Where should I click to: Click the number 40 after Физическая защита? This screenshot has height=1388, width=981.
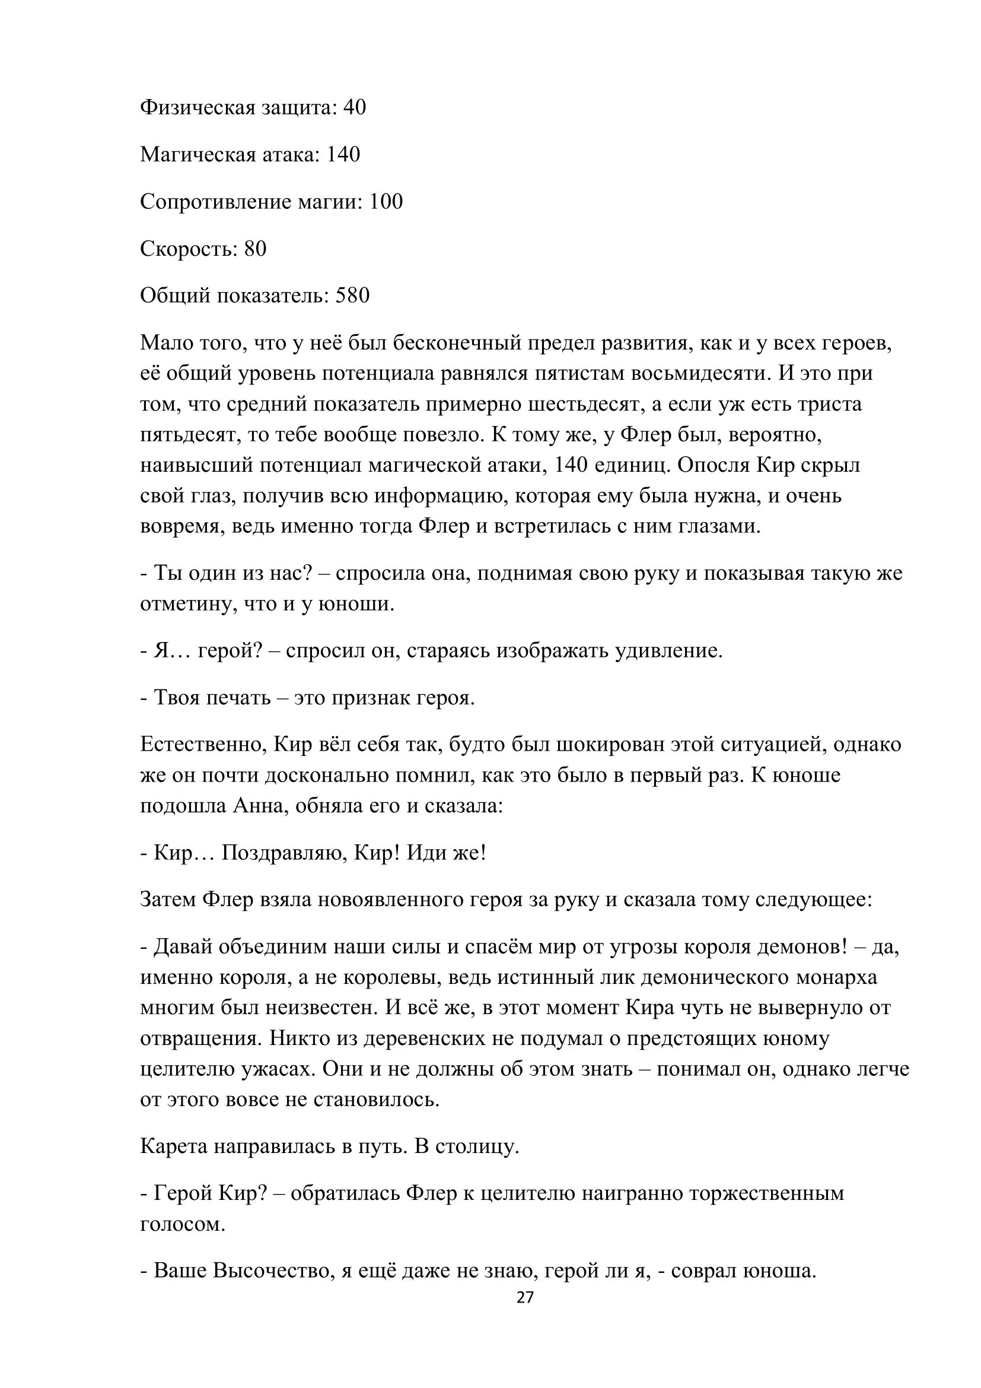coord(355,107)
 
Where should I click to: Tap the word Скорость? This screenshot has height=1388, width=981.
coord(189,249)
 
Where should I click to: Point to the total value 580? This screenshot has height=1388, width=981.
coord(352,296)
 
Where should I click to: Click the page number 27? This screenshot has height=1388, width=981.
coord(525,1297)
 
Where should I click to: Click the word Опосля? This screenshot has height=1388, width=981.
coord(716,465)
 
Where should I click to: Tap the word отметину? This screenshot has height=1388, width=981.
coord(187,604)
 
